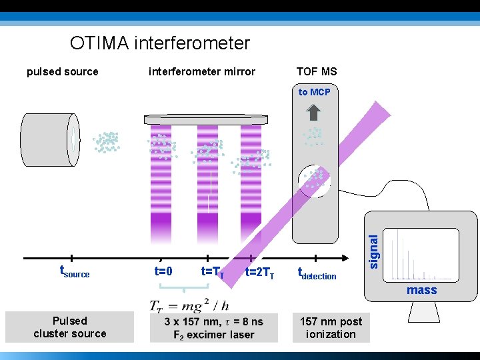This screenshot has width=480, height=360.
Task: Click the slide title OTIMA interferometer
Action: click(x=160, y=44)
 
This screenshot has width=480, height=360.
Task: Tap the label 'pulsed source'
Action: click(x=62, y=72)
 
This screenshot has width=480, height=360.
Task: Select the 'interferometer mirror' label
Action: click(x=201, y=72)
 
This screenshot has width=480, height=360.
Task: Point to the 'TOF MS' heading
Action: click(x=317, y=72)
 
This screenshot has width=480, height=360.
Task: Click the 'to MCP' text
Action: click(x=314, y=92)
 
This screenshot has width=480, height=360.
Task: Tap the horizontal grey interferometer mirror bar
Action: click(x=206, y=120)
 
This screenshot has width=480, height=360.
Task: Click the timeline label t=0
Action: click(x=163, y=271)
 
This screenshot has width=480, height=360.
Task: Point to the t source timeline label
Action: click(x=75, y=272)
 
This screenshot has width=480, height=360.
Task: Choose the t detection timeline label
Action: click(x=317, y=273)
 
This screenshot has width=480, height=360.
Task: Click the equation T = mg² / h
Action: click(x=189, y=305)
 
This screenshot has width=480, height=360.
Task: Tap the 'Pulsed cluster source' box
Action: click(x=70, y=327)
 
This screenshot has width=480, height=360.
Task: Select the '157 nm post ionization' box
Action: click(x=331, y=327)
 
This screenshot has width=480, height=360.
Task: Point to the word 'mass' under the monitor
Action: click(x=421, y=290)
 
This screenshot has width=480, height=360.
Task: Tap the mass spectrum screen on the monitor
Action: click(x=423, y=254)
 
